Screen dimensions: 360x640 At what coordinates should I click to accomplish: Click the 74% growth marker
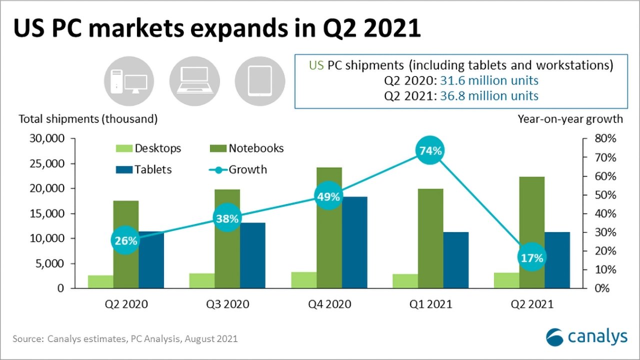(x=430, y=150)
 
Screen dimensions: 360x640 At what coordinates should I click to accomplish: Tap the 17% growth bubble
(x=531, y=258)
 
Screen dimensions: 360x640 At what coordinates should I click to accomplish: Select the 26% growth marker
(x=125, y=240)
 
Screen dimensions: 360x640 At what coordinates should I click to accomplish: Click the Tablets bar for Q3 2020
(x=252, y=255)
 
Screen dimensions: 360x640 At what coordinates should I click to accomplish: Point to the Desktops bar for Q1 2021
(x=405, y=281)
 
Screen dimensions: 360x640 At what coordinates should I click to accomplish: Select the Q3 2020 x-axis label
(x=227, y=304)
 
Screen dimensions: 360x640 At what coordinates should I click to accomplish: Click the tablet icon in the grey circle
(x=260, y=81)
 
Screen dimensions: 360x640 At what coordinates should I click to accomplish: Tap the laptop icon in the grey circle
(x=195, y=81)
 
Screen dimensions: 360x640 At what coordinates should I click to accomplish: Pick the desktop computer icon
(x=129, y=81)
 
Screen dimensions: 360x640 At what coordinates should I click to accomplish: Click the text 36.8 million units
(x=488, y=95)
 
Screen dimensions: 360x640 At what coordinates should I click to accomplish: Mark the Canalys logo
(x=586, y=337)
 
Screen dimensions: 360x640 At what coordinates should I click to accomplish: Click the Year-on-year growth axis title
(x=570, y=119)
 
